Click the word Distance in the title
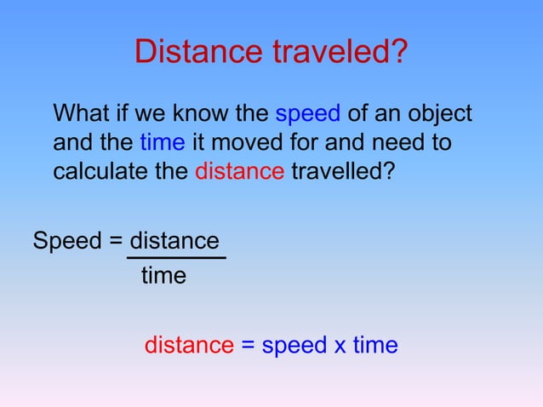[x=199, y=53]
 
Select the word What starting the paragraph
[x=84, y=114]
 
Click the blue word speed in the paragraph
[x=307, y=115]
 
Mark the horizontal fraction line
[x=176, y=257]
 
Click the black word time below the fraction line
[x=163, y=276]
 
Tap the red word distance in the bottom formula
[x=189, y=345]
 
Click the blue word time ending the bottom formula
[x=375, y=345]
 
